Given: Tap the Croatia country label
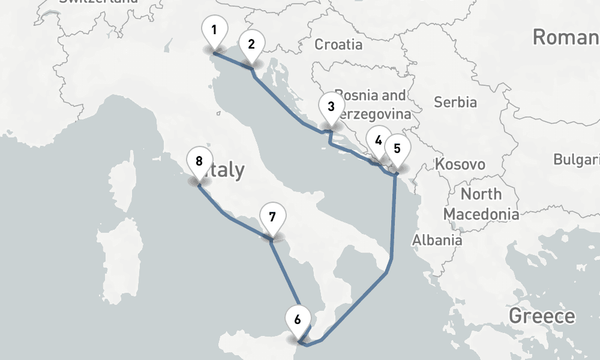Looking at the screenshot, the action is (338, 44).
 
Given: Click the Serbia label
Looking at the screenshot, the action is (455, 102).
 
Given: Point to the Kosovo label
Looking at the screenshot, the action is (460, 164).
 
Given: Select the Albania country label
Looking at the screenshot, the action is (437, 240).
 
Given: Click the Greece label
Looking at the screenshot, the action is (542, 316).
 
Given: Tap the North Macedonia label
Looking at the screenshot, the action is (481, 204).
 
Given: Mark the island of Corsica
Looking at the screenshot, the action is (122, 177).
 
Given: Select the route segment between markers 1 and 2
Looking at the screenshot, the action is (233, 62).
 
